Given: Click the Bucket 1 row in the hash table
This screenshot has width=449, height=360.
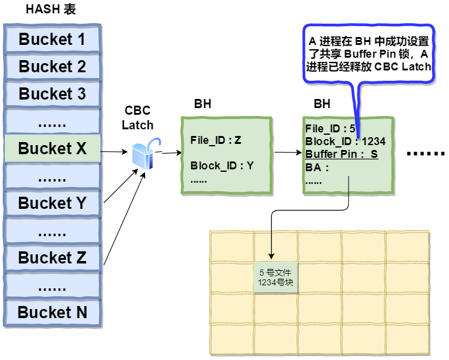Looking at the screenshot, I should (x=52, y=39).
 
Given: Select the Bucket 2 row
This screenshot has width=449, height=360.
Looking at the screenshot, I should (x=52, y=67).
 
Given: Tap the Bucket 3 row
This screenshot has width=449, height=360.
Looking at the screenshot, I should (x=52, y=94).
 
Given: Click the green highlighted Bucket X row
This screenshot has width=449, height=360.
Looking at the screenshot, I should (x=52, y=149).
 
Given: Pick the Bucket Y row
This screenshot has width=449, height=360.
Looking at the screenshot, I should (x=52, y=203).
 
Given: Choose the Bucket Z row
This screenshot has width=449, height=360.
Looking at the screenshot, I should (x=52, y=258).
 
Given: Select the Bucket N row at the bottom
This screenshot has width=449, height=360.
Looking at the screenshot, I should (x=52, y=313).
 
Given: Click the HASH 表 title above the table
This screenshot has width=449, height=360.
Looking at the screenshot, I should (x=50, y=10).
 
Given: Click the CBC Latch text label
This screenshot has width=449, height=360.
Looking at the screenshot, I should (x=137, y=118).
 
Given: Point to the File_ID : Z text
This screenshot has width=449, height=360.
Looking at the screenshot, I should (x=216, y=140).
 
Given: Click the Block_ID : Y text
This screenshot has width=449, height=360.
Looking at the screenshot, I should (x=222, y=165).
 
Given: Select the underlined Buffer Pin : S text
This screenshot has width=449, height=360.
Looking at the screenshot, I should (x=341, y=154).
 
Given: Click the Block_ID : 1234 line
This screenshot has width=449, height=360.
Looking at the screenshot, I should (x=344, y=141).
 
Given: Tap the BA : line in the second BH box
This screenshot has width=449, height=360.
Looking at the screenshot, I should (x=317, y=168).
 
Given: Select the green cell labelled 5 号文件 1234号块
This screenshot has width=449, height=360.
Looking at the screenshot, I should (x=276, y=277).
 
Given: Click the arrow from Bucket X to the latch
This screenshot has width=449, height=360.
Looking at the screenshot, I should (x=115, y=151).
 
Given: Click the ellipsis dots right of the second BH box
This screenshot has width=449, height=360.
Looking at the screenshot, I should (x=425, y=154).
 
